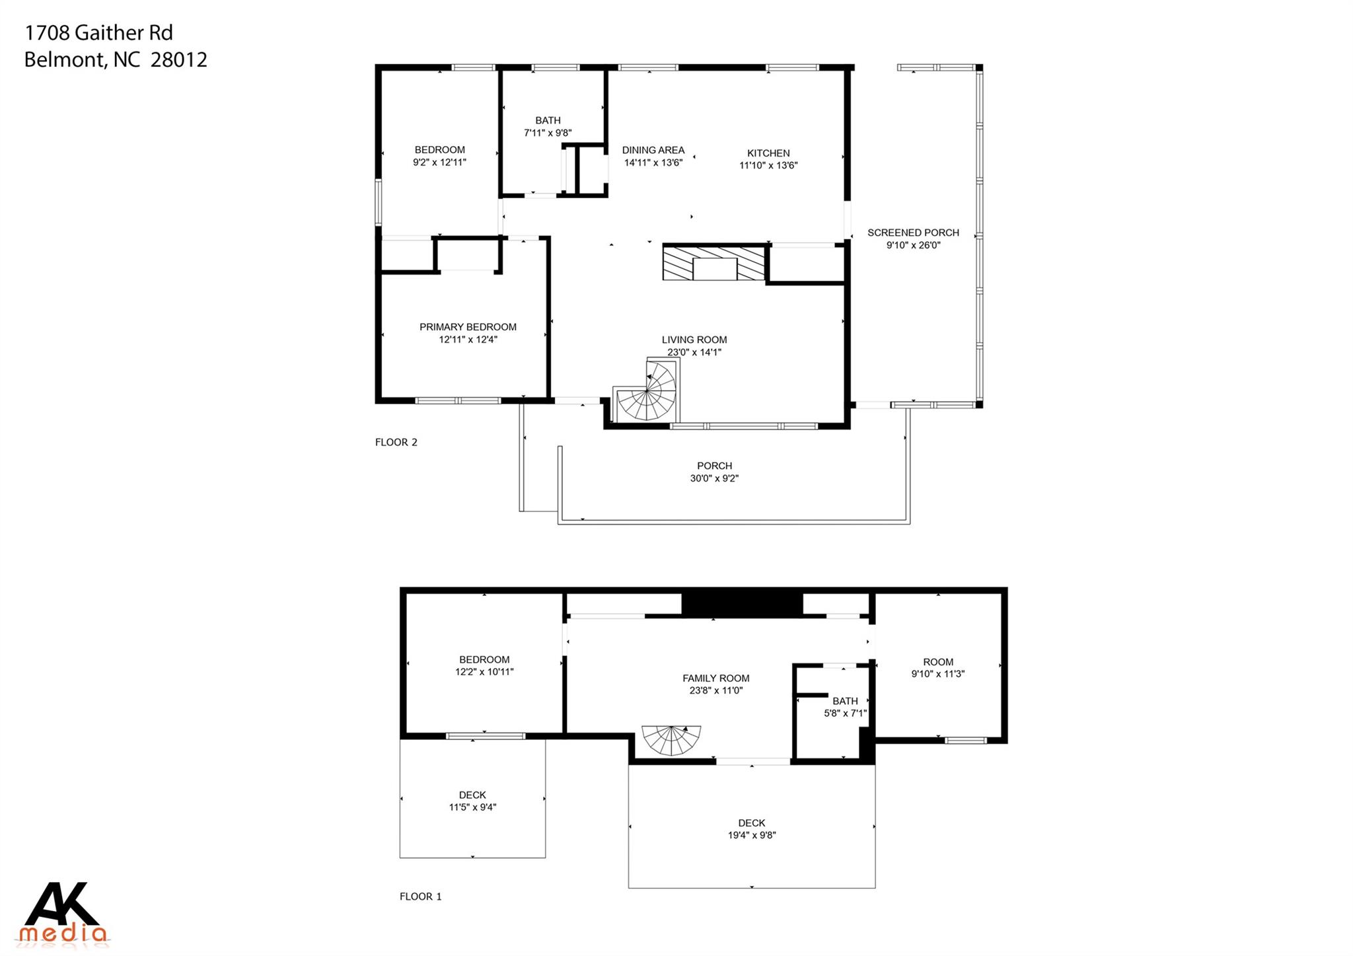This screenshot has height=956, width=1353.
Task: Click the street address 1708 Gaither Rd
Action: [98, 32]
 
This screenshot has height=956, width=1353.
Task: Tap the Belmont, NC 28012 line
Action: [116, 60]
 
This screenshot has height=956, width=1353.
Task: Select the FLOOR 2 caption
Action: [396, 443]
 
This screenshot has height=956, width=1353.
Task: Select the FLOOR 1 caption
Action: [420, 897]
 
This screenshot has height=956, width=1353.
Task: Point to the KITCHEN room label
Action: [768, 153]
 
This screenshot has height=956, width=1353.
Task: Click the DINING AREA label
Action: [653, 151]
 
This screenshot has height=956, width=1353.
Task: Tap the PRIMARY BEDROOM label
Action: [468, 327]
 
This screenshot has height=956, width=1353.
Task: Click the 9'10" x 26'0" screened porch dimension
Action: [913, 245]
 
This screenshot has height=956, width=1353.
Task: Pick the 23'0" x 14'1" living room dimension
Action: [694, 352]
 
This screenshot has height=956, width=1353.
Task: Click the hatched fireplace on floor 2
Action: [713, 263]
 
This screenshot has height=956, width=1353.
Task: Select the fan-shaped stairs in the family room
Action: [671, 741]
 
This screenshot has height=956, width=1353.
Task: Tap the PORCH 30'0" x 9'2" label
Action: [714, 472]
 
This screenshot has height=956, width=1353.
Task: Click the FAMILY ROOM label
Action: [715, 678]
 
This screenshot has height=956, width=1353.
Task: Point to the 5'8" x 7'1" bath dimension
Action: [845, 714]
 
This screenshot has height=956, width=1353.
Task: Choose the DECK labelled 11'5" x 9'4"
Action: [472, 801]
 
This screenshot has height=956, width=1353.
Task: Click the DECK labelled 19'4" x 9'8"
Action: [751, 828]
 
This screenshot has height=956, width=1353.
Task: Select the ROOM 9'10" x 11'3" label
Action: [937, 667]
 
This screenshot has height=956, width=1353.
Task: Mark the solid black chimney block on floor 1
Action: [742, 603]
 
